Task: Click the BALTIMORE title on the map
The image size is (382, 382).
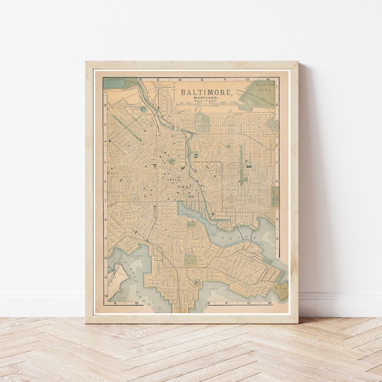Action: pyautogui.click(x=207, y=92)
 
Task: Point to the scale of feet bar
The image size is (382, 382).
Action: pyautogui.click(x=207, y=104)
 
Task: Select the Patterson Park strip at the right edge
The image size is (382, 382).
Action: pyautogui.click(x=275, y=196)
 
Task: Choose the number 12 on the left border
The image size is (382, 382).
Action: pyautogui.click(x=106, y=295)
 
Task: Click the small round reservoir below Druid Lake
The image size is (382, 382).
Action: pyautogui.click(x=143, y=109)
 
